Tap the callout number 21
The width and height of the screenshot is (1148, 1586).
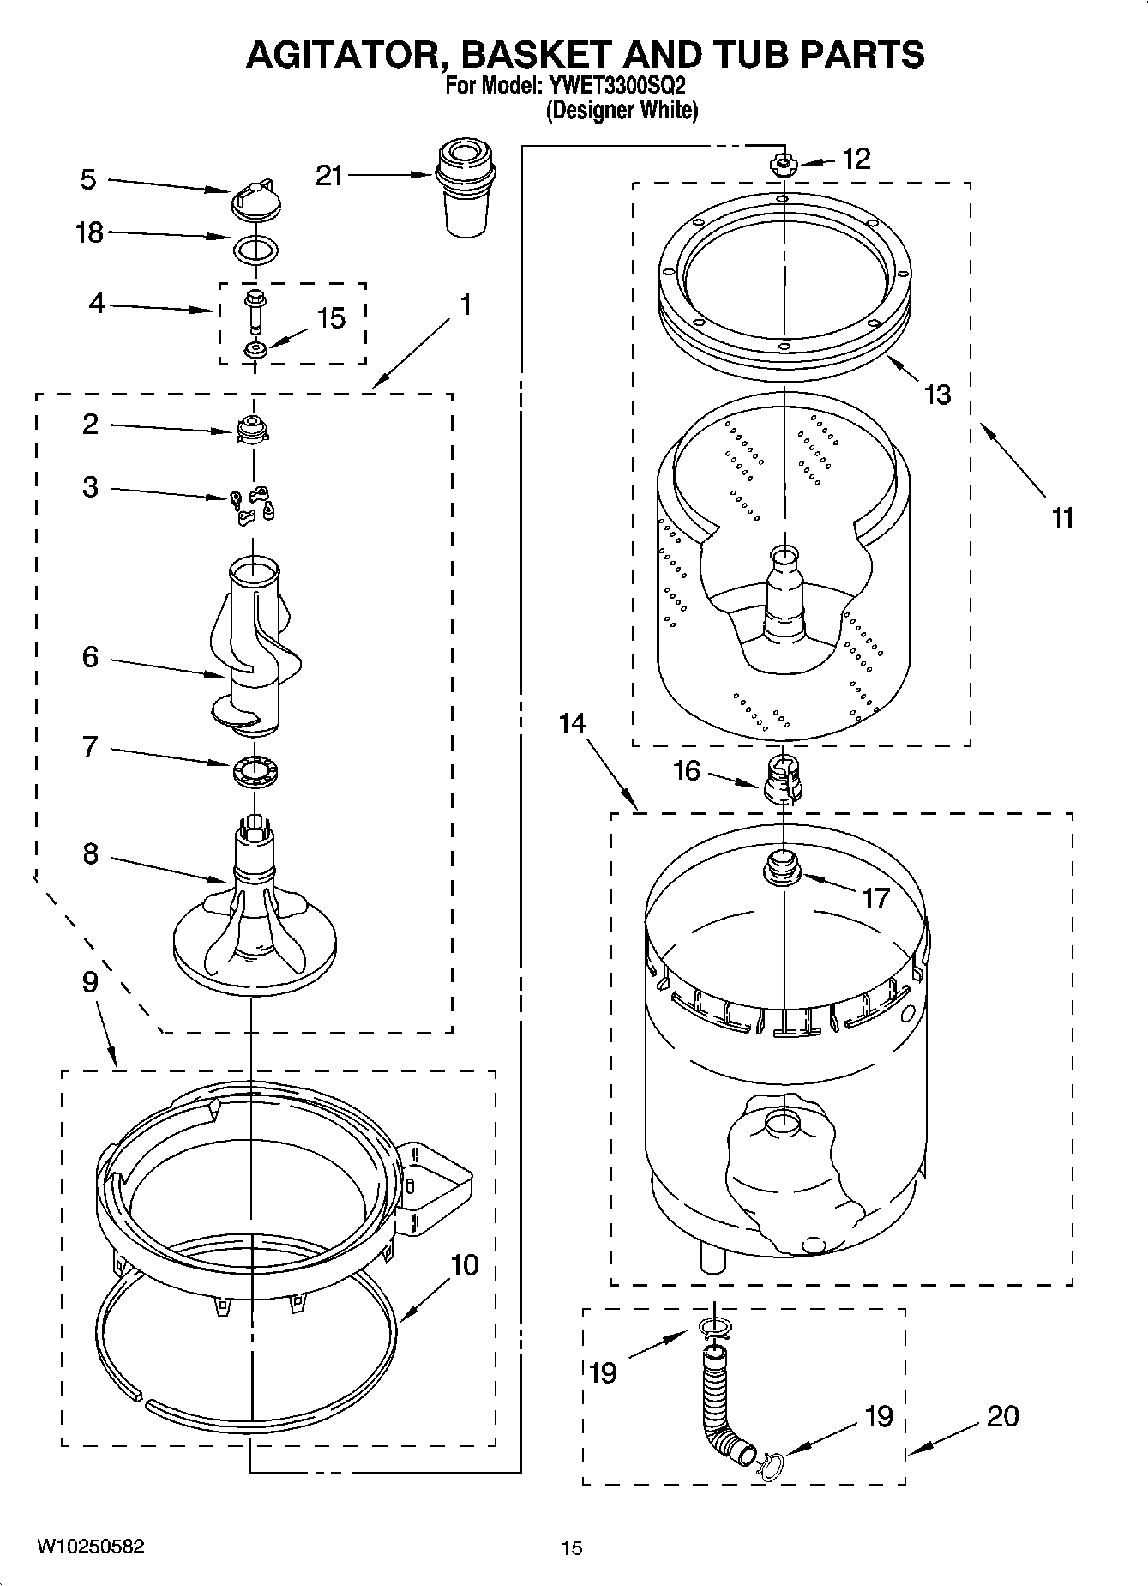click(329, 176)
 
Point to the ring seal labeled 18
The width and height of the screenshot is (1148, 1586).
click(255, 250)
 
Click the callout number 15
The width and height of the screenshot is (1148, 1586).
click(331, 319)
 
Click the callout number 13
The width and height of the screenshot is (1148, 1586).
click(938, 395)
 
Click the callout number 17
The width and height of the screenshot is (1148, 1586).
click(875, 898)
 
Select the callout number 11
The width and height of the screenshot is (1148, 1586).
click(1062, 518)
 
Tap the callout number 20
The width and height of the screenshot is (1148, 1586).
click(1002, 1414)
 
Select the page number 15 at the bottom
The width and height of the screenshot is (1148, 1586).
click(571, 1547)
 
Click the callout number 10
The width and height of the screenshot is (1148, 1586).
click(464, 1265)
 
